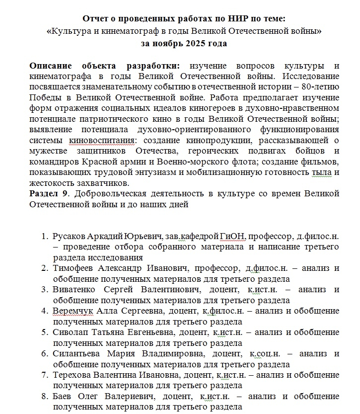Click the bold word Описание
[52, 66]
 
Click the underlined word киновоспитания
[107, 140]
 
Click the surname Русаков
[70, 235]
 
